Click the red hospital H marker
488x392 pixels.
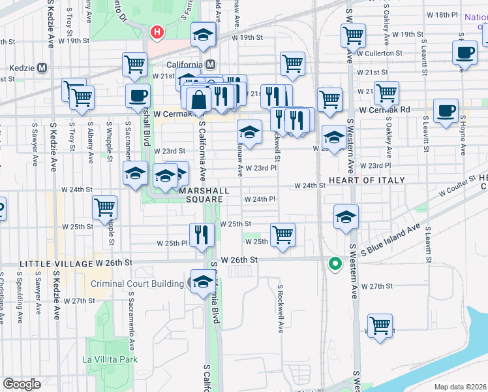click(157, 31)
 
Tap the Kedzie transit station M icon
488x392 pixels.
click(42, 67)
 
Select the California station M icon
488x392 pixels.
click(210, 65)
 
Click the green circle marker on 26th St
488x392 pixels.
click(335, 264)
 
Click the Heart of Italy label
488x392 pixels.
click(367, 180)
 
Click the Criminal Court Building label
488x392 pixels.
click(137, 284)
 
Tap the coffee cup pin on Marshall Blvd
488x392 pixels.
click(137, 95)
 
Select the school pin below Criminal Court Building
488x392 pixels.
click(203, 281)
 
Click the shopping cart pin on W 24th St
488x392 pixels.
click(104, 207)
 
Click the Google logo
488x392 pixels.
click(22, 384)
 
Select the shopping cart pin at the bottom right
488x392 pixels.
click(380, 325)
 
